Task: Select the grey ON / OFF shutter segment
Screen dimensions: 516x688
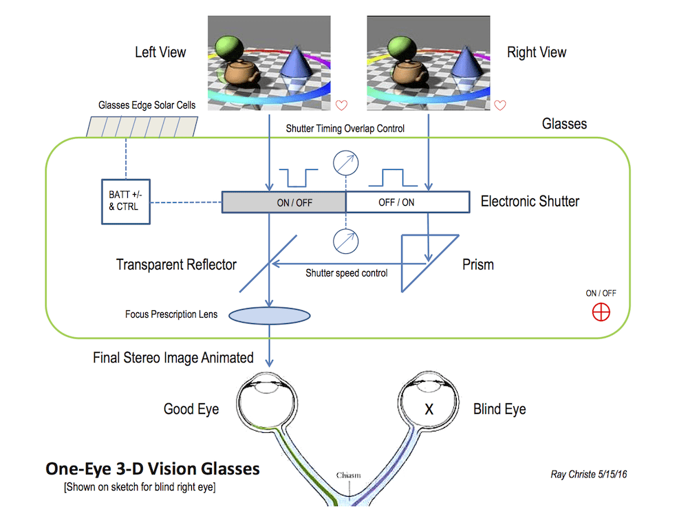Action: point(283,202)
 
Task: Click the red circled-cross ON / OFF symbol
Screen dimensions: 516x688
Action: point(601,312)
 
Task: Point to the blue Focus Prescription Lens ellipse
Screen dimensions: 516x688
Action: point(269,316)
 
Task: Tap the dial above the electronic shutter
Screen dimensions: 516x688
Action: point(345,163)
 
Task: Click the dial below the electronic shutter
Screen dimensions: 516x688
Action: point(345,241)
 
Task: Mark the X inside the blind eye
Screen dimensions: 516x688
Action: point(429,409)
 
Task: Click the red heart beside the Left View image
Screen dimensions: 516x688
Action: point(341,105)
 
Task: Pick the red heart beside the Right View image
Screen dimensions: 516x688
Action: point(500,105)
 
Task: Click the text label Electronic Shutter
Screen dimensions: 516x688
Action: point(530,202)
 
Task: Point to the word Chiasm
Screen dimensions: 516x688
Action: point(350,475)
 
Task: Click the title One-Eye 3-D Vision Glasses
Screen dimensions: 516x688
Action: point(152,469)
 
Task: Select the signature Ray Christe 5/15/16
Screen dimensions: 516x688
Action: point(588,474)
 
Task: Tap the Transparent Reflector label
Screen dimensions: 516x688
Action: point(176,265)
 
